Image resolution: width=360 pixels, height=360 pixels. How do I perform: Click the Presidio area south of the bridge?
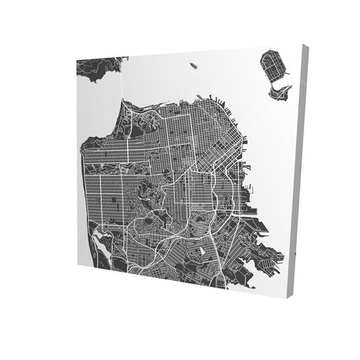click(x=134, y=122)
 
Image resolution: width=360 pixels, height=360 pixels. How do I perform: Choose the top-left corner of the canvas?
click(x=76, y=59)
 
